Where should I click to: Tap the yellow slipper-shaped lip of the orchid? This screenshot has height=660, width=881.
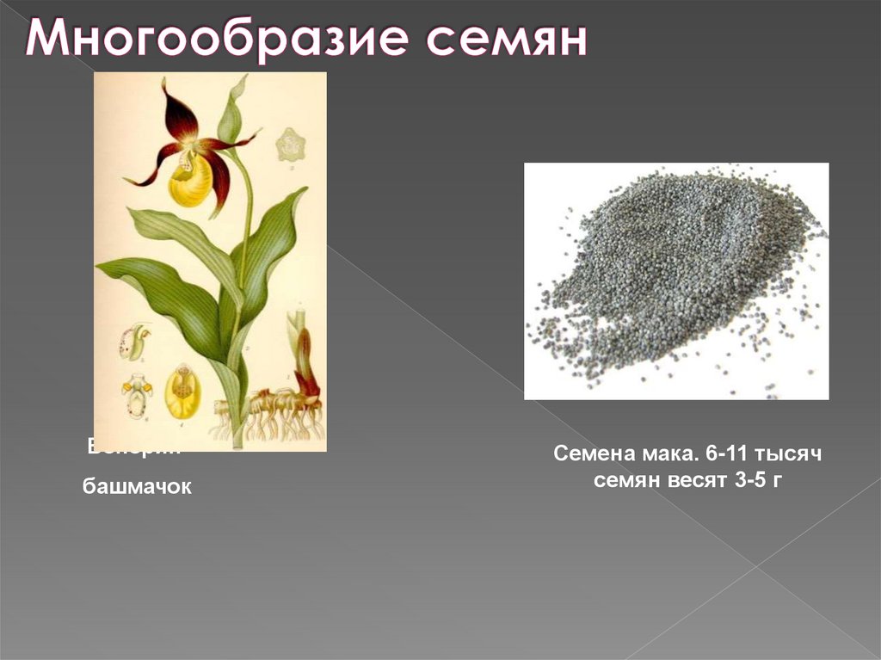point(190,179)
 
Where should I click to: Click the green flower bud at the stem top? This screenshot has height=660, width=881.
point(231,112)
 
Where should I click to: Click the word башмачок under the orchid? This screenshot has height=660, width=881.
point(138,487)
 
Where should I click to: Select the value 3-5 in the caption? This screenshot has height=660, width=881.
point(752,480)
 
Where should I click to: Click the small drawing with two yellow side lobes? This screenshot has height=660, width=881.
point(137,392)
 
